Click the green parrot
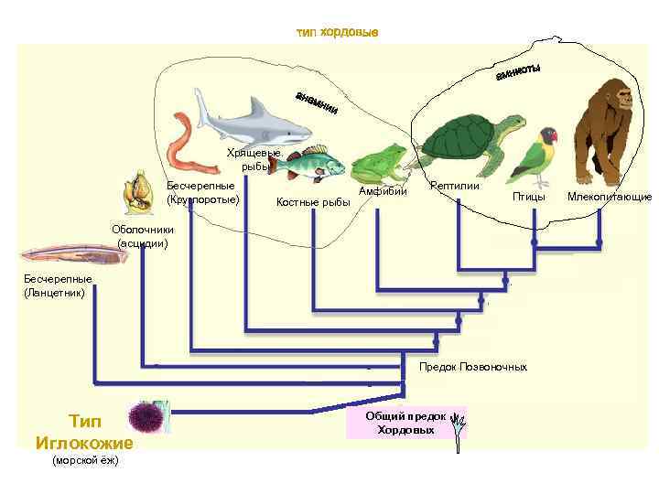click(x=535, y=156)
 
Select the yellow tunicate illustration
click(x=137, y=191)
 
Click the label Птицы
click(x=528, y=196)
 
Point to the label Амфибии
click(x=376, y=191)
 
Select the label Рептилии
click(x=455, y=186)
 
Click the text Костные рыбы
click(x=313, y=201)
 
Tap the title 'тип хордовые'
click(x=337, y=33)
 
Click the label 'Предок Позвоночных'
click(x=473, y=367)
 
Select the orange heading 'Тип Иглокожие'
click(x=84, y=432)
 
